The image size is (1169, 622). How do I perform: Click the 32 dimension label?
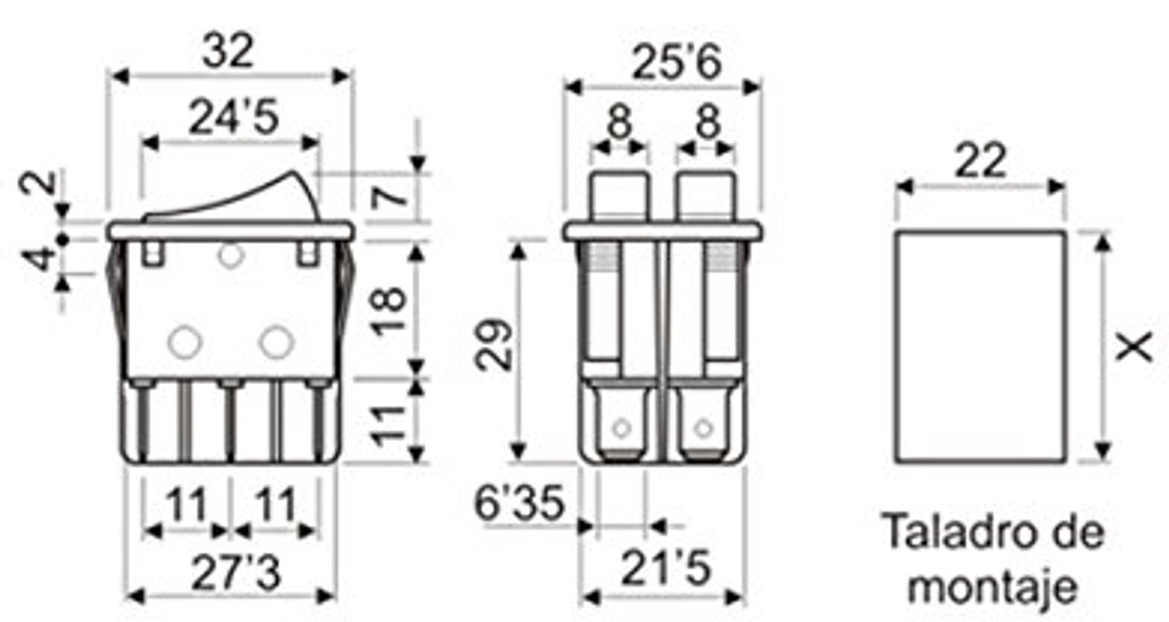(x=228, y=51)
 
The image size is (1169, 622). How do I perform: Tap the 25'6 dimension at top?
(x=677, y=62)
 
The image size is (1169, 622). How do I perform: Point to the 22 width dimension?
(x=980, y=161)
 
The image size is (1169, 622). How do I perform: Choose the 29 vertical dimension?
(x=493, y=345)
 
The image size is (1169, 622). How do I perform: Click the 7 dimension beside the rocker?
(x=389, y=197)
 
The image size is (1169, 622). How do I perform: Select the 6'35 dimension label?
(x=520, y=503)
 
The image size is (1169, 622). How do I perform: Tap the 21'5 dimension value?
(x=666, y=567)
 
